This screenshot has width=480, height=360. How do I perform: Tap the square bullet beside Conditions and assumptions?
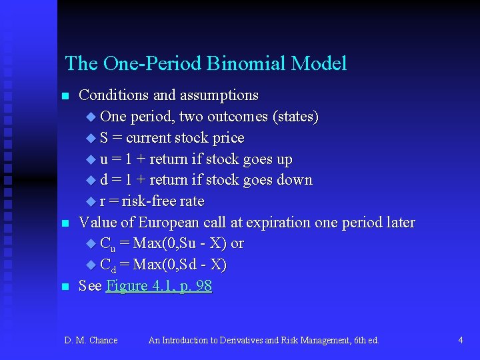[x=65, y=97]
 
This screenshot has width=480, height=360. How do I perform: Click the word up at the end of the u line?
[x=284, y=159]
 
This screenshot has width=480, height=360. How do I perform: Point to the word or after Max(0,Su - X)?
[x=237, y=243]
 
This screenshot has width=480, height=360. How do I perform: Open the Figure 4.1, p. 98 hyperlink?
[x=159, y=286]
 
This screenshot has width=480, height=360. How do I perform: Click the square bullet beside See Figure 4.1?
[x=65, y=287]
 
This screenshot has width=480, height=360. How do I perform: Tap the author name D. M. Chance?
[x=91, y=340]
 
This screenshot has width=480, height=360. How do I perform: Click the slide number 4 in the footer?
[x=460, y=340]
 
